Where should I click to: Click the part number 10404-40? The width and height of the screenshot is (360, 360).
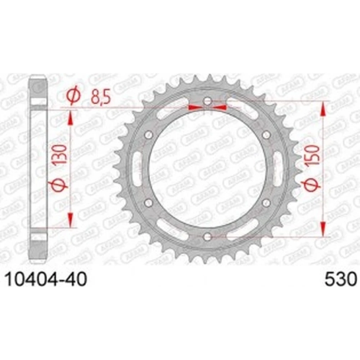click(x=46, y=279)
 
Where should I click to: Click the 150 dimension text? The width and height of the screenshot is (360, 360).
click(x=314, y=155)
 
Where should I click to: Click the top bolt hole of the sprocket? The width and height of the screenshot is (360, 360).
click(x=208, y=101)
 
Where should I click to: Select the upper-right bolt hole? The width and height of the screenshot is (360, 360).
click(x=266, y=134)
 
